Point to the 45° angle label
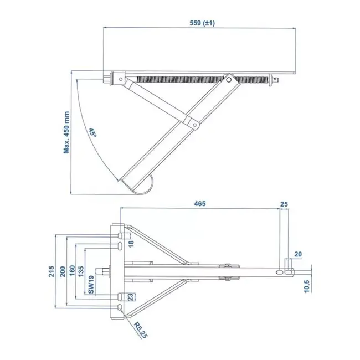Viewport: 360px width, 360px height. [93, 133]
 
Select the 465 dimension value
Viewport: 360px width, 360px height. [200, 204]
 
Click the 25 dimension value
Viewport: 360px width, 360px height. [285, 204]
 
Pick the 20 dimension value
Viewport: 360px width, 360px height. [299, 254]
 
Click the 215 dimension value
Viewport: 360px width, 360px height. [51, 271]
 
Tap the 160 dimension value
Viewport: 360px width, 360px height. [73, 271]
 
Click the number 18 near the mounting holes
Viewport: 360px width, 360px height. [131, 244]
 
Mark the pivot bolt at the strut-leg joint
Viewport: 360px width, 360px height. [195, 126]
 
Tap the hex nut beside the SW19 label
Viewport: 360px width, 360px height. [106, 271]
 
